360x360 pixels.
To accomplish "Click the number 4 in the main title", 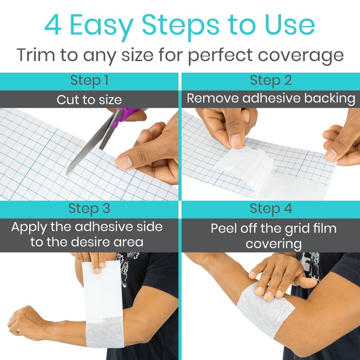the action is (53, 25).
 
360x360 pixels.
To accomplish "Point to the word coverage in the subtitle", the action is (301, 57).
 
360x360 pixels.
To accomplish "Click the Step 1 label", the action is (89, 81).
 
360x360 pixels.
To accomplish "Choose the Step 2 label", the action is (271, 81).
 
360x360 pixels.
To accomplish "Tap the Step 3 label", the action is (89, 209).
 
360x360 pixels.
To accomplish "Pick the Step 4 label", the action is (271, 209).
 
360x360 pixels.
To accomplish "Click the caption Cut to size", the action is (89, 100).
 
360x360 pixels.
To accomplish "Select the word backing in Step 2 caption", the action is (330, 99).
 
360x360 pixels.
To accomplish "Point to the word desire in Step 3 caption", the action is (91, 242).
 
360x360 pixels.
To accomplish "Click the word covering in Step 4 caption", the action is (274, 244).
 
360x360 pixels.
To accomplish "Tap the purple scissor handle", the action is (127, 115).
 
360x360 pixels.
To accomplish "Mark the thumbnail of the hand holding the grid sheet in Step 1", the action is (125, 162).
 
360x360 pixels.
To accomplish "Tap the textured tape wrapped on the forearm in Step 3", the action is (105, 332).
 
